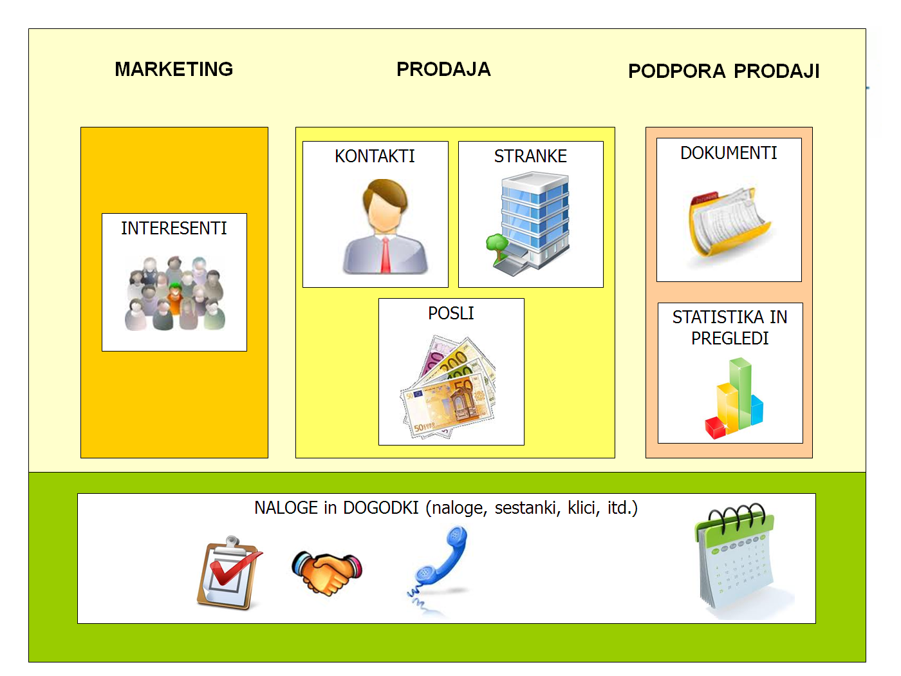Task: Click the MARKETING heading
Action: (x=174, y=69)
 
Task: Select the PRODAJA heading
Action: (x=443, y=69)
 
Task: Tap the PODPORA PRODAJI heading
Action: (x=723, y=71)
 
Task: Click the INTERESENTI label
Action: (x=174, y=228)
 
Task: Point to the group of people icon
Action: (x=174, y=293)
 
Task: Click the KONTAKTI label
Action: (x=375, y=156)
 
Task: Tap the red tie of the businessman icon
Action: (x=385, y=255)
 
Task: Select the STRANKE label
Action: (x=530, y=156)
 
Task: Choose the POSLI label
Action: (x=450, y=313)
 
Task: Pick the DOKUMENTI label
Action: (x=729, y=153)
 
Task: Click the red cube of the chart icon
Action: (x=716, y=427)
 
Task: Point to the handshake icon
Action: (x=327, y=571)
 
